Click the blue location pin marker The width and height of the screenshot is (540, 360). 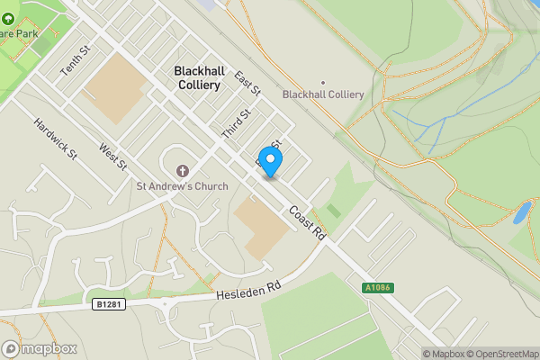pos(269,160)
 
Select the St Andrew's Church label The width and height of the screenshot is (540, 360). pos(182,186)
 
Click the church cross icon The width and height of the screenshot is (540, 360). pos(183,170)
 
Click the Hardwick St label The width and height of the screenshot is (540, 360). pos(56,139)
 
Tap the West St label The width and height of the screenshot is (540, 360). pos(114,159)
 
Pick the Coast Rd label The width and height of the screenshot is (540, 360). pos(307,223)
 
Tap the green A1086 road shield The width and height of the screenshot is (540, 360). pos(378,288)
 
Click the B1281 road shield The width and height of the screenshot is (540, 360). pos(106,305)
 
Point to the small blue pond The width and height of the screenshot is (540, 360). pos(521,213)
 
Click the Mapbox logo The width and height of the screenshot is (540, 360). pos(35,348)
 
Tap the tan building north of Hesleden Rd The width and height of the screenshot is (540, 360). pos(261,225)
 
